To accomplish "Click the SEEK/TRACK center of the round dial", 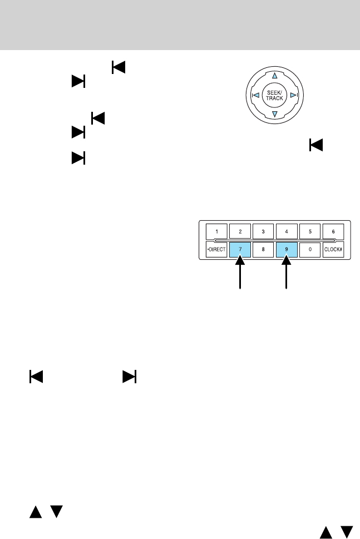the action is pyautogui.click(x=274, y=95).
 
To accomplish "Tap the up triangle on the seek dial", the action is pyautogui.click(x=274, y=75).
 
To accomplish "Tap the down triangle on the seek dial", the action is pyautogui.click(x=274, y=115).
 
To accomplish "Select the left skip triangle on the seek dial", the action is pyautogui.click(x=255, y=95).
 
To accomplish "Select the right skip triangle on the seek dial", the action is pyautogui.click(x=293, y=95).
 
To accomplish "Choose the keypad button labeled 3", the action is pyautogui.click(x=263, y=231).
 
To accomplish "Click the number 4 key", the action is pyautogui.click(x=286, y=231).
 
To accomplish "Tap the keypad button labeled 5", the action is pyautogui.click(x=309, y=231).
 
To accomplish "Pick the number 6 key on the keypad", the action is pyautogui.click(x=332, y=231).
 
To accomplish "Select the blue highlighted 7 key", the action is pyautogui.click(x=240, y=250).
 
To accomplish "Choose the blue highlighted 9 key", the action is pyautogui.click(x=286, y=250).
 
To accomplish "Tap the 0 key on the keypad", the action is pyautogui.click(x=309, y=250).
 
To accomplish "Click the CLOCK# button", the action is pyautogui.click(x=332, y=250).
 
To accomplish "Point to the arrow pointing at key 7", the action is pyautogui.click(x=240, y=275).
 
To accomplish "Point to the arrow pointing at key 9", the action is pyautogui.click(x=287, y=275).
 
